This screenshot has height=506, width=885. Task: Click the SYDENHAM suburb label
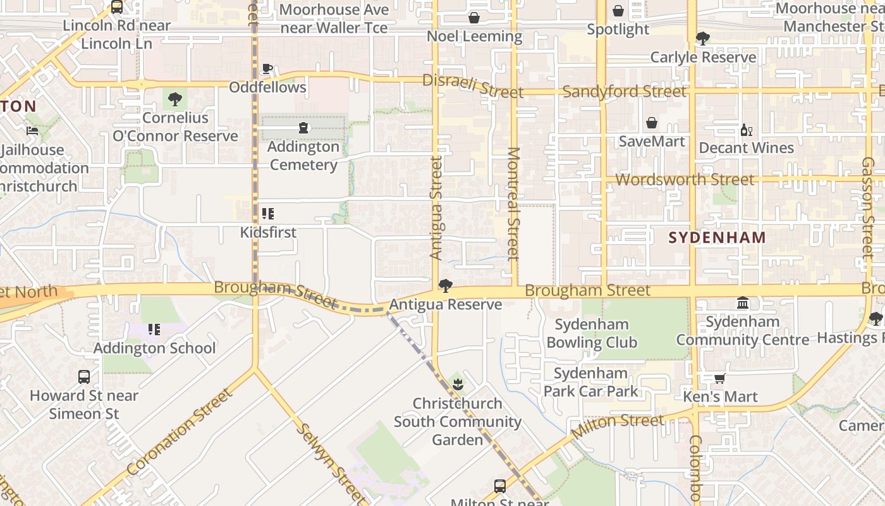point(717,238)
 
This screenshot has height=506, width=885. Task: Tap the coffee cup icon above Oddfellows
point(267,68)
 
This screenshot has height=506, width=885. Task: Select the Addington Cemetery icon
point(303,128)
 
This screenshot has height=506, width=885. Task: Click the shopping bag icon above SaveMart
point(652,123)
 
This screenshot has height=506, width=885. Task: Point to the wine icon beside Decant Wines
point(746,130)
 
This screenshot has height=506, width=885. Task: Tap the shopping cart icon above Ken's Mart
point(719,379)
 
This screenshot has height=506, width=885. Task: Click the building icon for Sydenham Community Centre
point(743,304)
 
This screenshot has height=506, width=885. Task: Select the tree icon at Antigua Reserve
point(445,286)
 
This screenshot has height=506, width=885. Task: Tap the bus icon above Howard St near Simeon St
point(84,377)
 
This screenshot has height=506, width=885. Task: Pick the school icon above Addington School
point(154,330)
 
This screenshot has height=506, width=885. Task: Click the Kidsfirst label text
point(268,232)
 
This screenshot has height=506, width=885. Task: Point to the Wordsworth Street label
point(685,180)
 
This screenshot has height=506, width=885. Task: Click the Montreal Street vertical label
point(513,204)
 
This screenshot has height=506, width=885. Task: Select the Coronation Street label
point(180,431)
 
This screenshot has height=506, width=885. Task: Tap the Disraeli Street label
point(473,86)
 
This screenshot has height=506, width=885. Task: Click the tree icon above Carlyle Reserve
point(702,39)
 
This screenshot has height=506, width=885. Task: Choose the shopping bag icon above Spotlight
point(618,11)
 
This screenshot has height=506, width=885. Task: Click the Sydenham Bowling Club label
point(592,333)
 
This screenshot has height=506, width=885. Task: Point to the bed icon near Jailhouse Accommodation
point(32,131)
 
